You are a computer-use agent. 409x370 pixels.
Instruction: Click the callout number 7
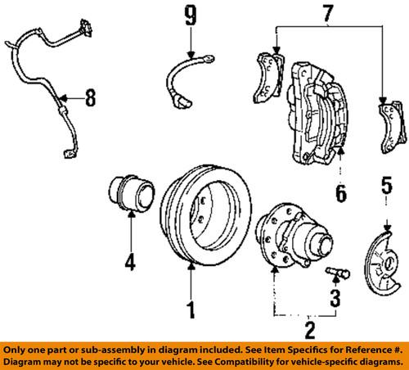tap(330, 14)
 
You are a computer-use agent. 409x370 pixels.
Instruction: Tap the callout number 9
tap(190, 15)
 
